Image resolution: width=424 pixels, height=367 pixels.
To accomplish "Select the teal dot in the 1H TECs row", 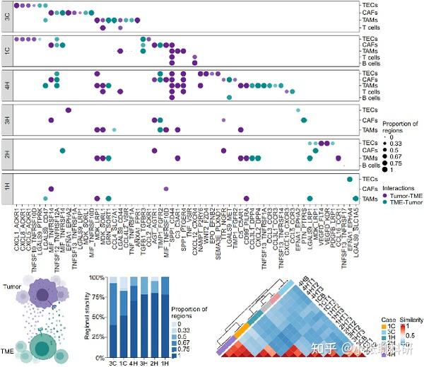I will [351, 179].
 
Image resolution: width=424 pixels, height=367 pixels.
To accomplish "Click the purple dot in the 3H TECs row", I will [69, 110].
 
